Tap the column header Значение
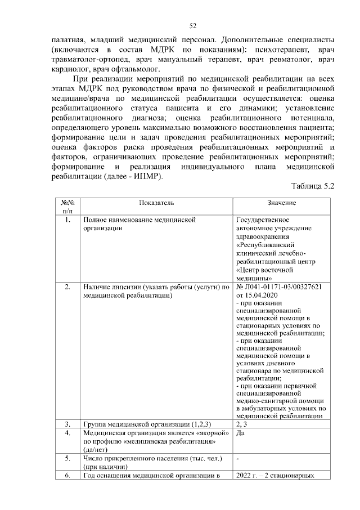[x=282, y=203]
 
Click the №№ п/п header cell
[x=68, y=207]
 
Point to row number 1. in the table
[x=68, y=220]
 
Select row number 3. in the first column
[x=68, y=423]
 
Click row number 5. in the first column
[x=68, y=459]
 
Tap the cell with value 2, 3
[x=242, y=423]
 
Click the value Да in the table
[x=241, y=433]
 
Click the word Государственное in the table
[x=263, y=220]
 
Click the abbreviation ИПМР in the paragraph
[x=145, y=177]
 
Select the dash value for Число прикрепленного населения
[x=238, y=459]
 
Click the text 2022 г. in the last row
[x=249, y=476]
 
